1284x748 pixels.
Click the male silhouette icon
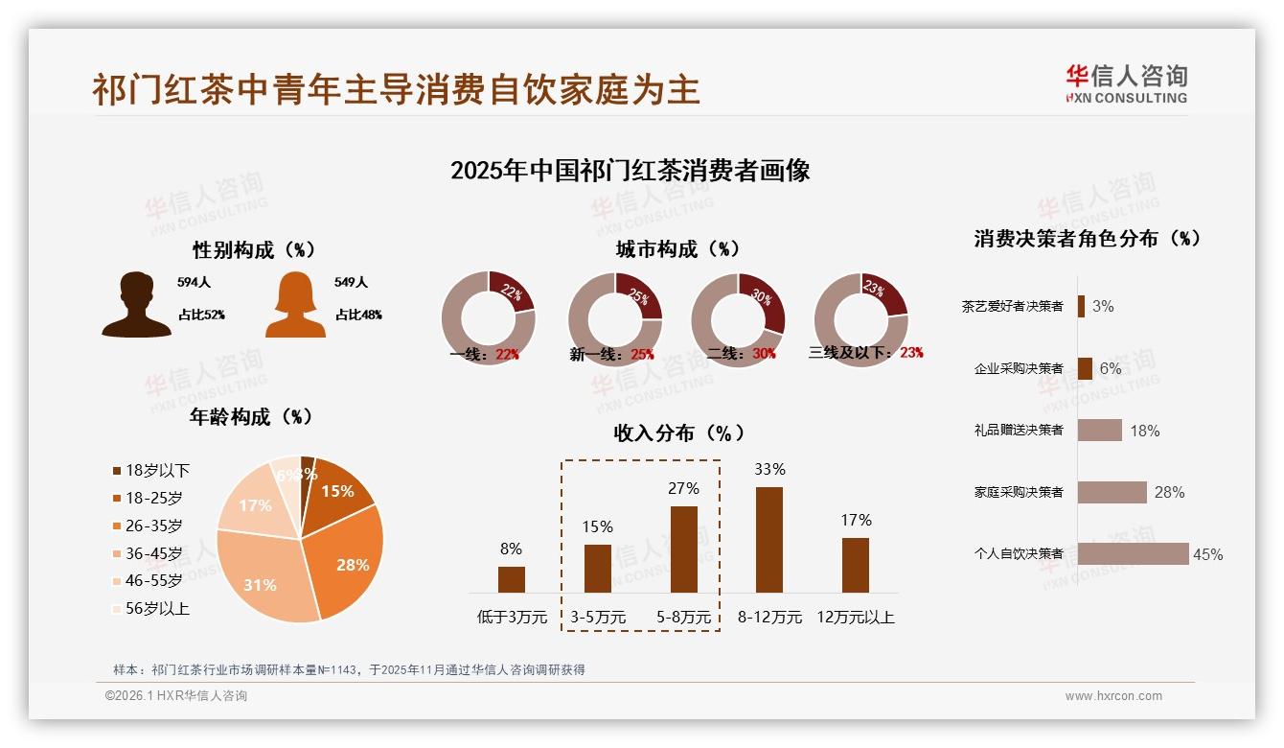(136, 305)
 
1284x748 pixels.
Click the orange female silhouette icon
(295, 305)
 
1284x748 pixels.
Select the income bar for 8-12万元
(769, 540)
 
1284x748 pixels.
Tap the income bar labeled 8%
(512, 579)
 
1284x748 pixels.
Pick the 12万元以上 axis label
(855, 618)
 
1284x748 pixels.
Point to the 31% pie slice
(264, 575)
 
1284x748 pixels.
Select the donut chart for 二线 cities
(738, 318)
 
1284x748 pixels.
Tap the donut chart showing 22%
(488, 318)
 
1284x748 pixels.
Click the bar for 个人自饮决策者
(1133, 553)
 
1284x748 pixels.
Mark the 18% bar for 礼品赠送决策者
(1099, 431)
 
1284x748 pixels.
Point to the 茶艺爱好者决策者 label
(1012, 307)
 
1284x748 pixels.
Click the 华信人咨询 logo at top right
(1126, 83)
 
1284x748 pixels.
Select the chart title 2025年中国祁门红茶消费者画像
(630, 171)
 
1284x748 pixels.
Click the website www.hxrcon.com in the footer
(1113, 696)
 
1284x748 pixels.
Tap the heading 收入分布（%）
(678, 432)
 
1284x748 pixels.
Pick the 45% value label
(1207, 554)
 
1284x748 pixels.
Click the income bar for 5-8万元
(683, 549)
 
